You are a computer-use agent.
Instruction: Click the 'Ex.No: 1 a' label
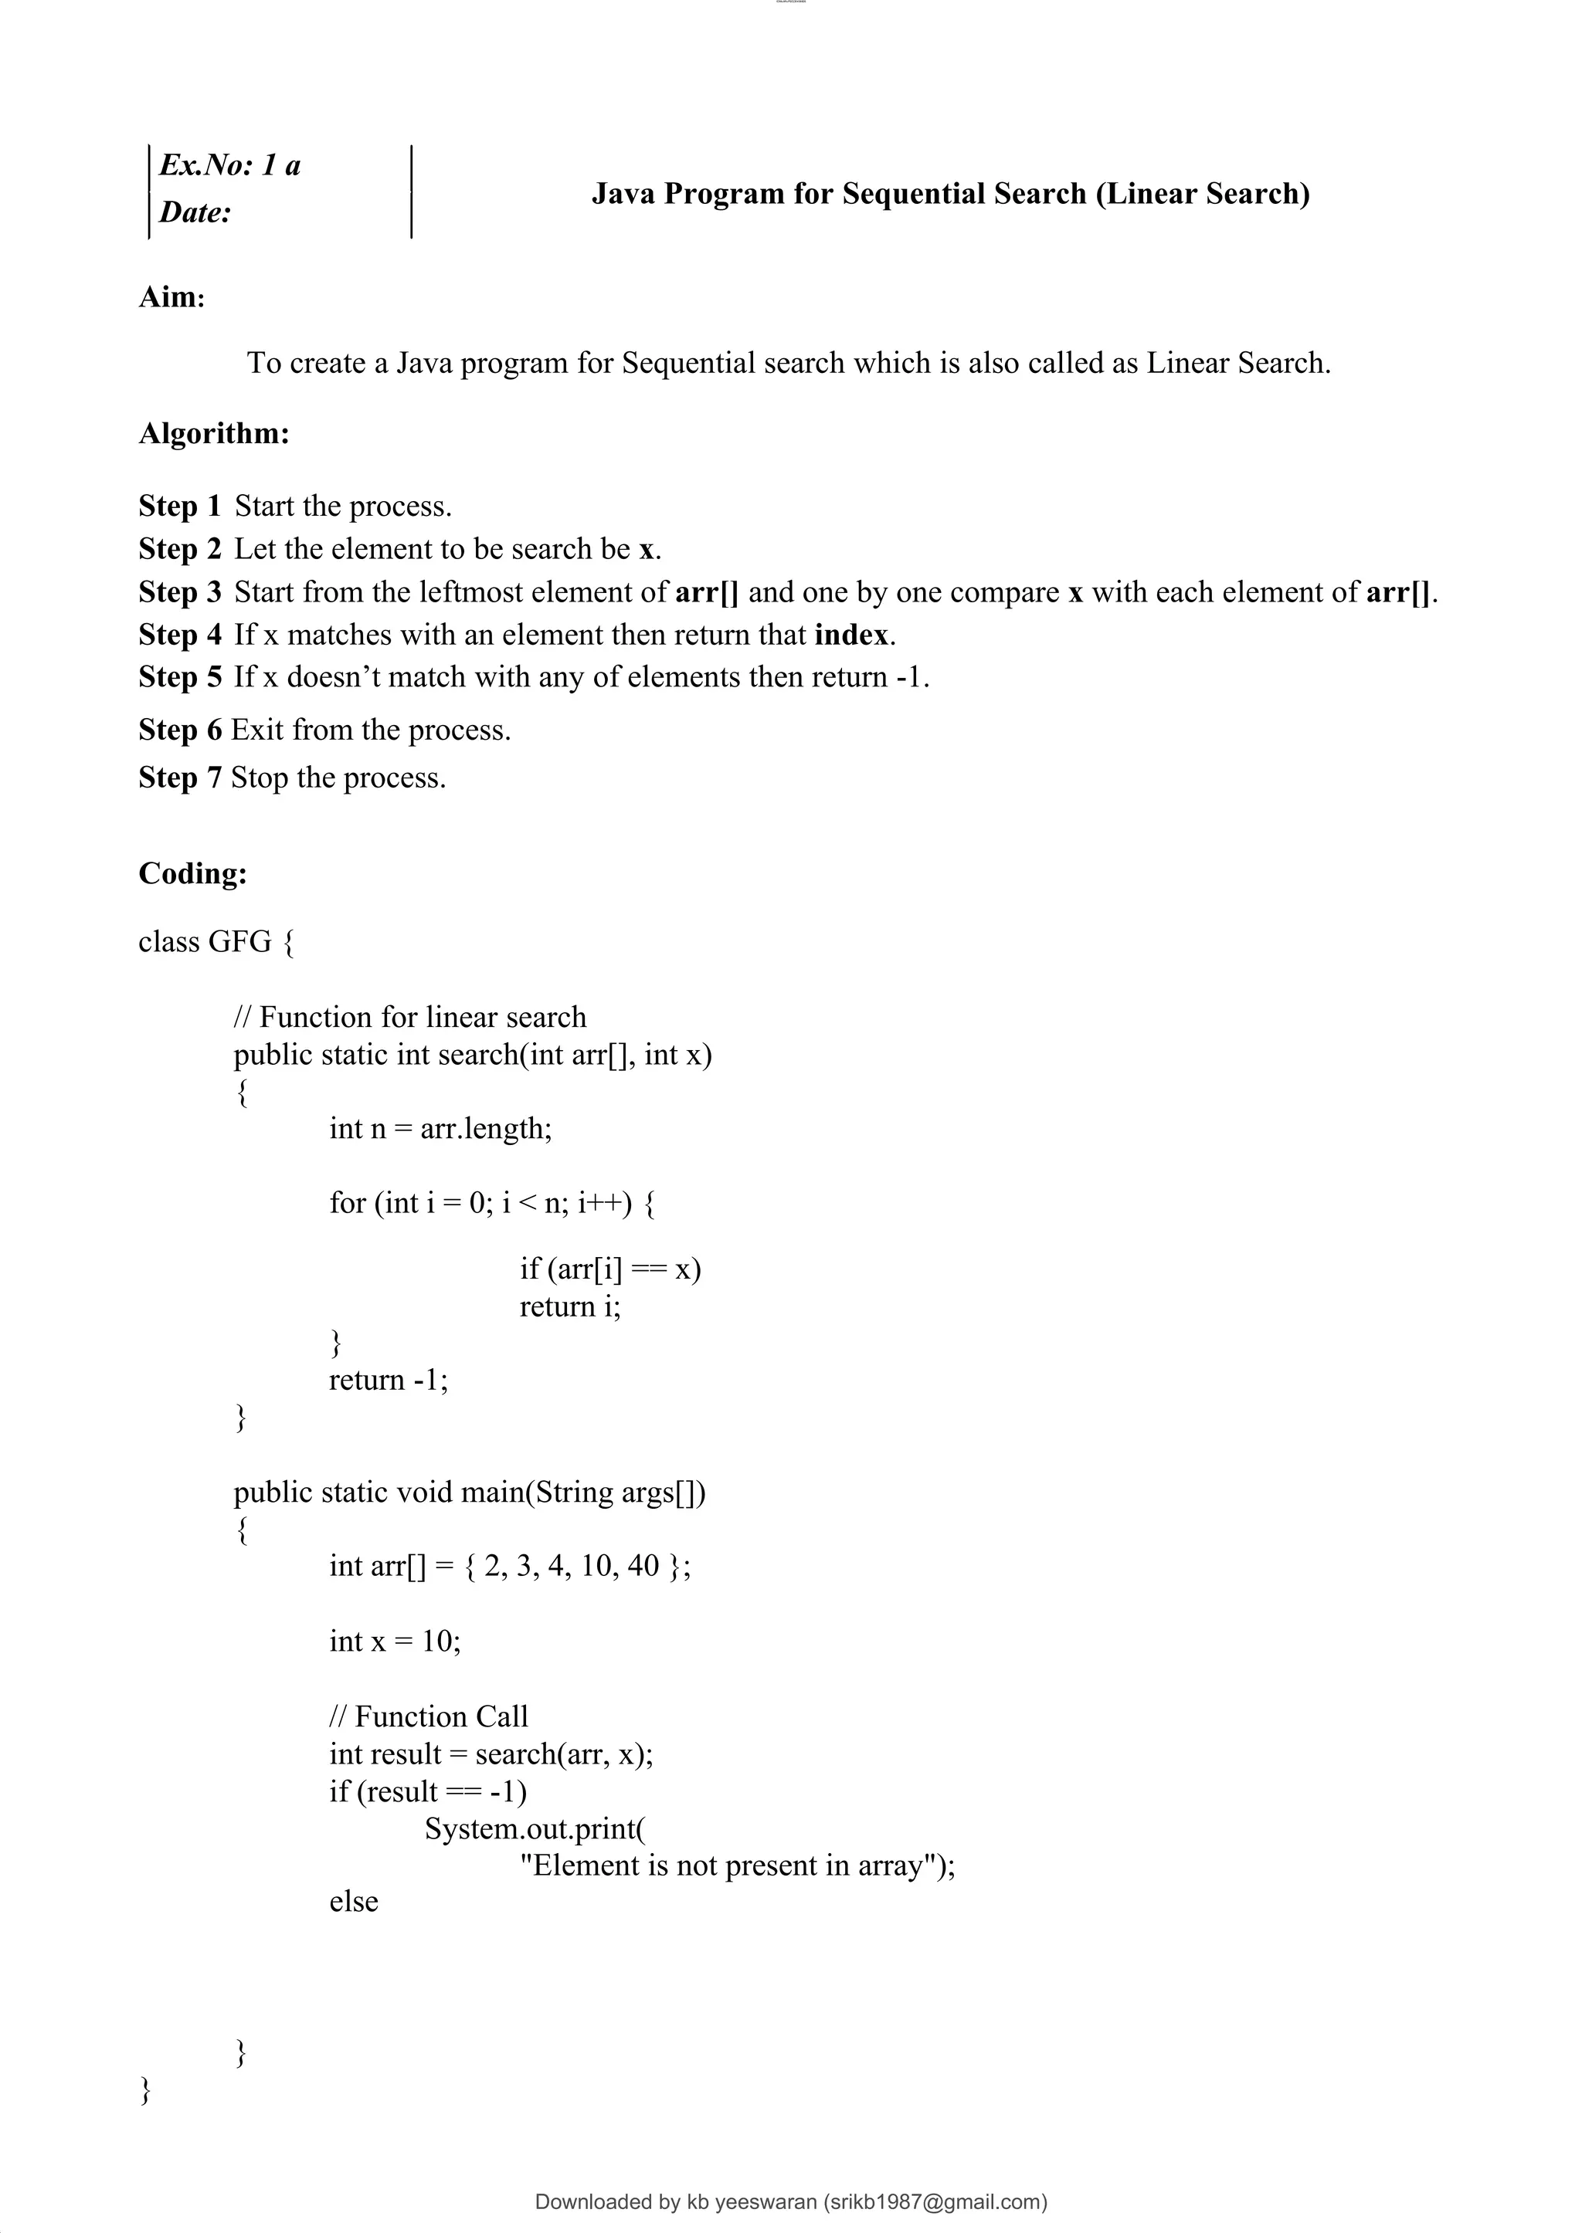pyautogui.click(x=230, y=165)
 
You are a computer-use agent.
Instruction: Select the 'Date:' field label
pyautogui.click(x=195, y=212)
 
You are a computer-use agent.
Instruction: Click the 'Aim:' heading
pyautogui.click(x=171, y=297)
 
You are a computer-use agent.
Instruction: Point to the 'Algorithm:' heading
pyautogui.click(x=214, y=433)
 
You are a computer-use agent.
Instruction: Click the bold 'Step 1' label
pyautogui.click(x=180, y=507)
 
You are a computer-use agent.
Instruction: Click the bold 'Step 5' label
pyautogui.click(x=180, y=678)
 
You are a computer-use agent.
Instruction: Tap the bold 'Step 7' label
pyautogui.click(x=180, y=778)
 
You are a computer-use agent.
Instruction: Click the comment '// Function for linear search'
pyautogui.click(x=410, y=1018)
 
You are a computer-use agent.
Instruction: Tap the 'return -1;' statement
pyautogui.click(x=389, y=1380)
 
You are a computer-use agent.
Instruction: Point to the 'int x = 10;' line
pyautogui.click(x=395, y=1641)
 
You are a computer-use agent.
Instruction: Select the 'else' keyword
pyautogui.click(x=354, y=1901)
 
